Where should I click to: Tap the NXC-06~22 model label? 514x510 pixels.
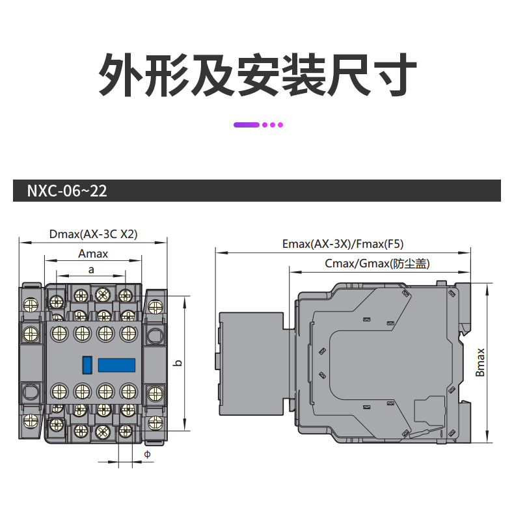(67, 191)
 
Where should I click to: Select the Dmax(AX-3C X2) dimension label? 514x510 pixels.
(93, 235)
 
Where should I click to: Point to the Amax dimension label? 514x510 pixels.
(93, 254)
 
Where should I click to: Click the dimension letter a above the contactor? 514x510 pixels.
(91, 269)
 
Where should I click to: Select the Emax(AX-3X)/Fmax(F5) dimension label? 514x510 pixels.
(343, 245)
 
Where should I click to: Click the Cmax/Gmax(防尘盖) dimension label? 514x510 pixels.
(377, 263)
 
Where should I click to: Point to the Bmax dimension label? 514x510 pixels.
(480, 362)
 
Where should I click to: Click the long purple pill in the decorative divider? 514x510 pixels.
(247, 124)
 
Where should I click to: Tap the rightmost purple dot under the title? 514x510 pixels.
(280, 124)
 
